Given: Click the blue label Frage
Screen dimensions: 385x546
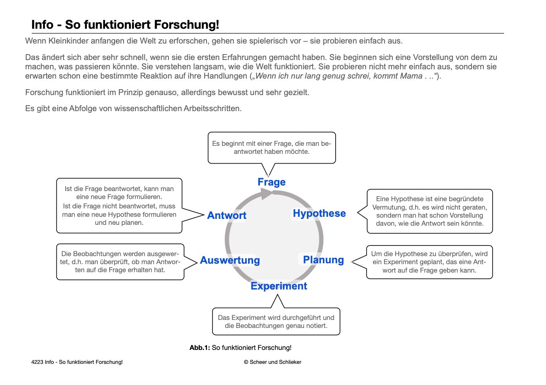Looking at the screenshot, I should pos(271,182).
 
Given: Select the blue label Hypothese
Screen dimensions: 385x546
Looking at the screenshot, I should pos(319,213).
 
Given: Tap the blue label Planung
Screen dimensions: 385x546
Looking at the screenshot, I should pos(323,260).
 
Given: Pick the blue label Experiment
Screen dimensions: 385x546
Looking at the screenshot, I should pos(279,286).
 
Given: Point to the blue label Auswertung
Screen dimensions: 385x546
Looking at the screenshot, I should pos(230,260).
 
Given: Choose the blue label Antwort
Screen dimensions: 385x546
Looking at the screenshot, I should pos(226,216).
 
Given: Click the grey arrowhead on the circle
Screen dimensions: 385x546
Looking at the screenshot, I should pos(267,194).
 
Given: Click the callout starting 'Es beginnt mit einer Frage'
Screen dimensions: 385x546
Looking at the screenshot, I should pos(271,147).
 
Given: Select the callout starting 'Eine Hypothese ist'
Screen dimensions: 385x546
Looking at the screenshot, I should pos(429,211).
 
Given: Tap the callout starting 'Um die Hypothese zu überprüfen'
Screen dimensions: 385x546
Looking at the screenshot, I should pos(429,262).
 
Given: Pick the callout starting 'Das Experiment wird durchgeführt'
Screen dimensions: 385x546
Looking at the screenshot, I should pos(276,322).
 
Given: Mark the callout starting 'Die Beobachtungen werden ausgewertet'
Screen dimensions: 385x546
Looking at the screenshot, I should pos(120,262).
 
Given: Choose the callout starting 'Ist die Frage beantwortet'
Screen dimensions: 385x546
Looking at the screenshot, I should pos(119,206).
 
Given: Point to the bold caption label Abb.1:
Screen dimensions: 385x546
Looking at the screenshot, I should pos(200,348).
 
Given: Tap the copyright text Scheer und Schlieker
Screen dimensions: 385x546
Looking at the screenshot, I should pos(275,362).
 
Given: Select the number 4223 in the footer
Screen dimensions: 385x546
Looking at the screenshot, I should pos(37,362).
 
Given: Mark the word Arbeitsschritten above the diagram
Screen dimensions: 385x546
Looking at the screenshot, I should pos(212,108).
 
